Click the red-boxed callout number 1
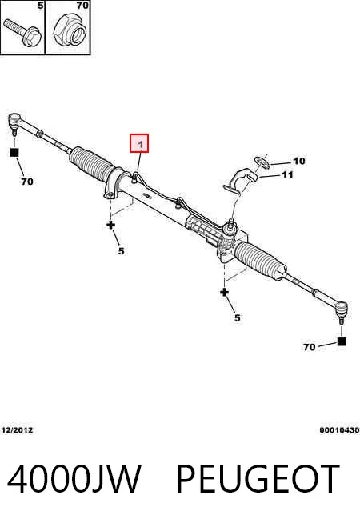click(x=139, y=143)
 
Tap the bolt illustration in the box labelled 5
click(x=22, y=33)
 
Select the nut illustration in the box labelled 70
click(x=70, y=31)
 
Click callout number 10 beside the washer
click(x=299, y=161)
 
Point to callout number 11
click(x=287, y=175)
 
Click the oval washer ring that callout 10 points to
click(x=262, y=162)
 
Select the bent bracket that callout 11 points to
click(x=240, y=181)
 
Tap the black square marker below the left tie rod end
click(x=14, y=153)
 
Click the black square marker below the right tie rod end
click(x=342, y=341)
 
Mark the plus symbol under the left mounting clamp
click(x=110, y=225)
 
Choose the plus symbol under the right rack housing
click(x=224, y=293)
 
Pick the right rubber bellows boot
click(x=260, y=260)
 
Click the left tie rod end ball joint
click(x=14, y=122)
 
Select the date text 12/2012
click(x=18, y=430)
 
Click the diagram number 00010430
click(x=339, y=430)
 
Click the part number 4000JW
click(x=74, y=479)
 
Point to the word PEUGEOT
click(x=258, y=479)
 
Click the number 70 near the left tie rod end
click(x=27, y=182)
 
